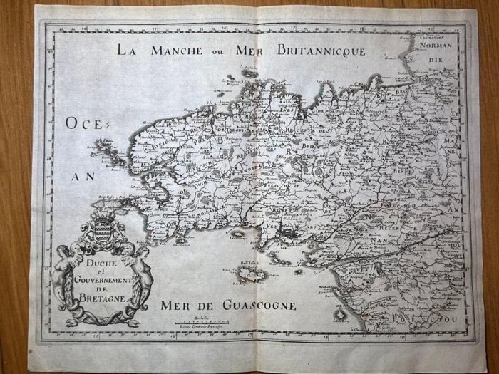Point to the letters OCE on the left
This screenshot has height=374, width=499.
[x=86, y=123]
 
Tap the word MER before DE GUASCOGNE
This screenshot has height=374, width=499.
[x=178, y=307]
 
